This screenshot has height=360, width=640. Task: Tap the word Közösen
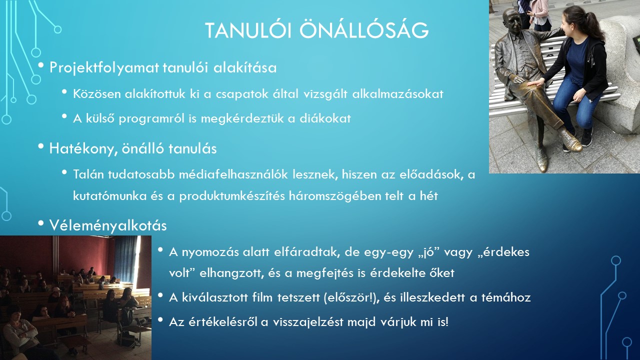click(97, 93)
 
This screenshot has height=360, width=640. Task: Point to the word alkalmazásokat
click(397, 93)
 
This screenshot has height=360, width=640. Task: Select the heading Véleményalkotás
click(108, 225)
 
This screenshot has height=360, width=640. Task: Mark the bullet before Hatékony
click(41, 146)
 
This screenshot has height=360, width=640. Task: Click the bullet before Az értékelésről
click(160, 319)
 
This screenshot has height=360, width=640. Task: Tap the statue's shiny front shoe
click(570, 140)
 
